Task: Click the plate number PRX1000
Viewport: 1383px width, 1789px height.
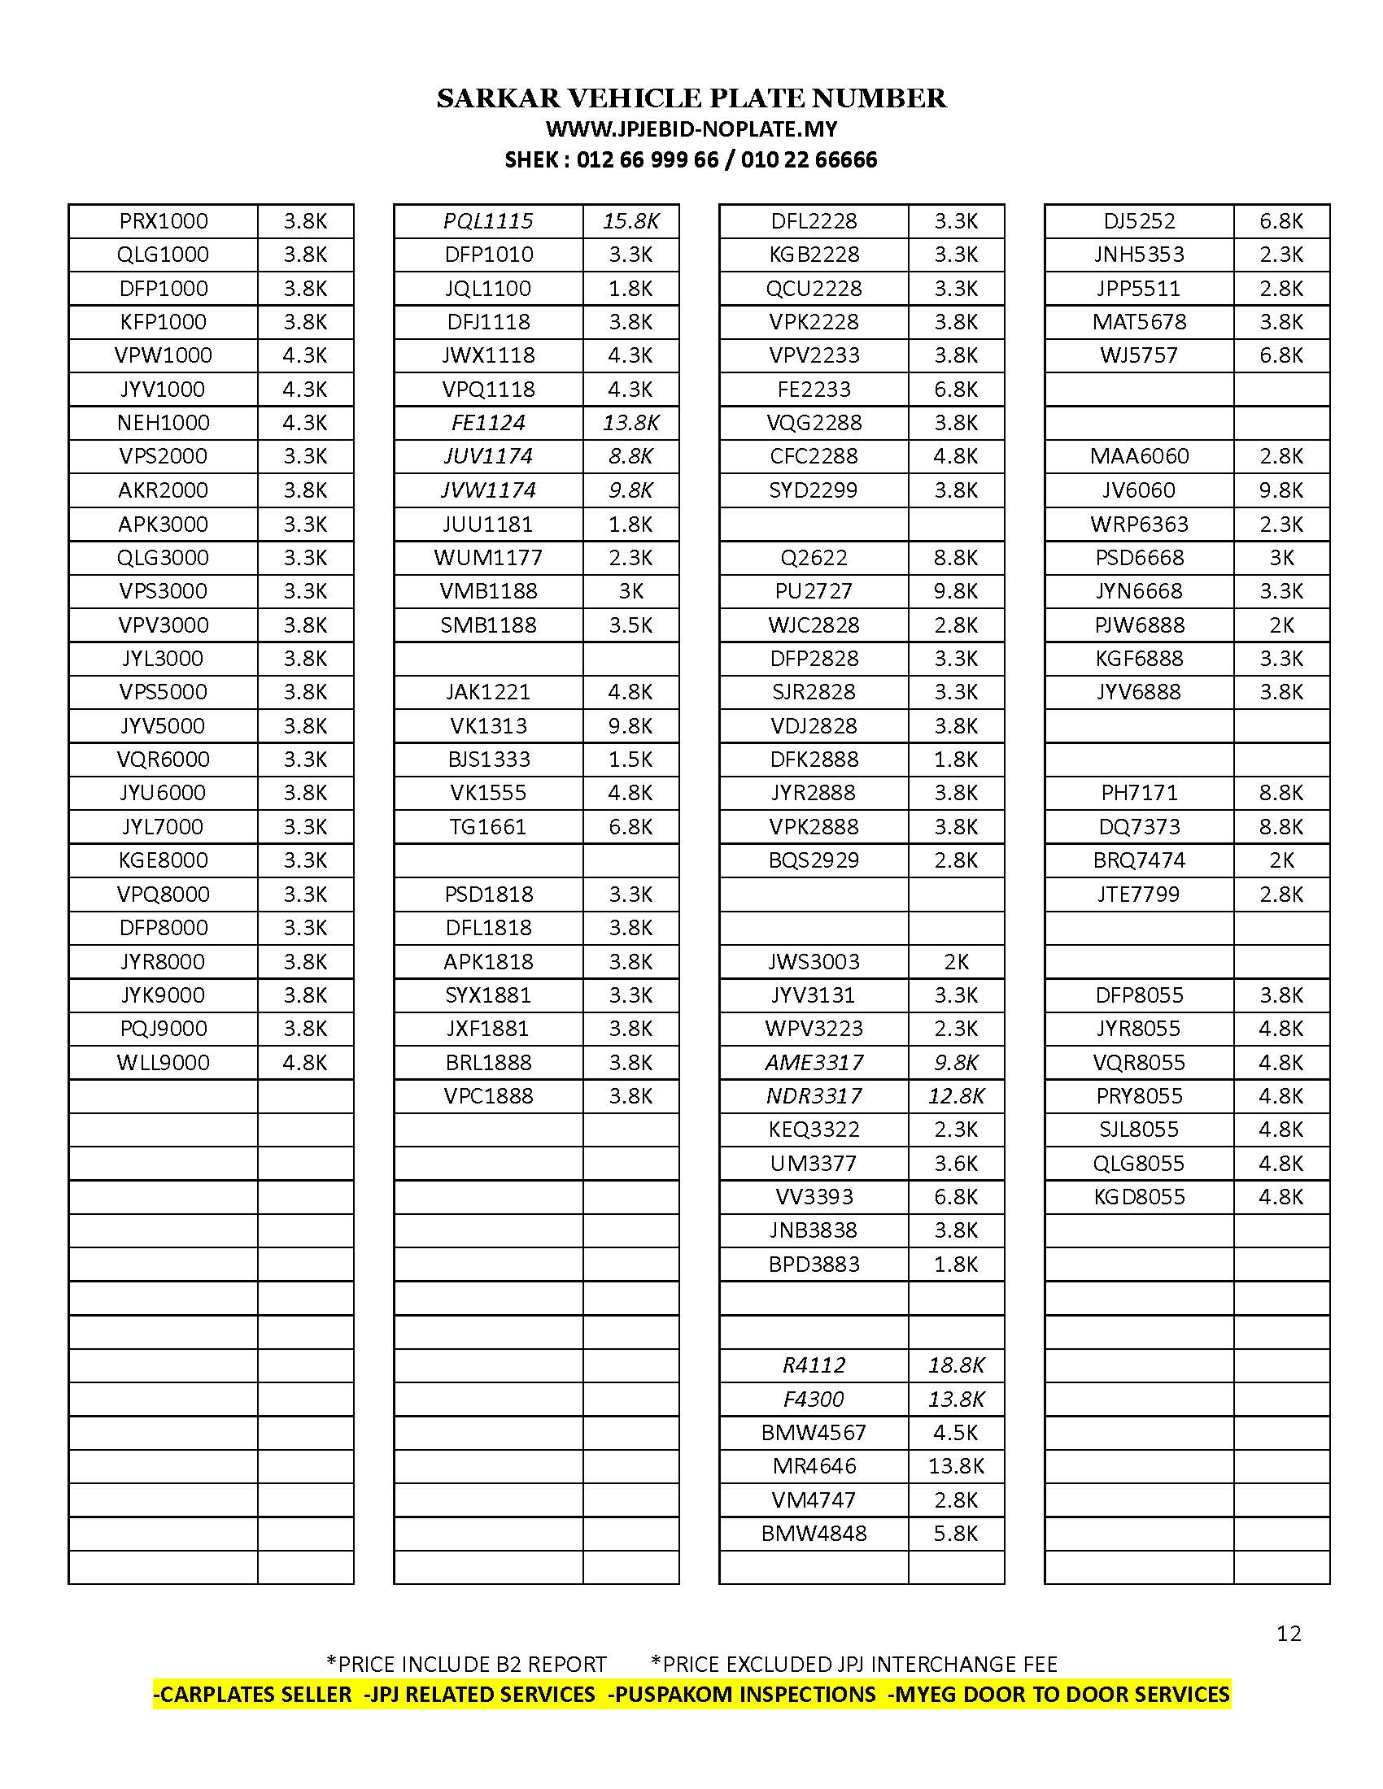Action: pyautogui.click(x=163, y=221)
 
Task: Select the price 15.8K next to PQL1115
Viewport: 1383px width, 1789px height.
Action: pyautogui.click(x=630, y=221)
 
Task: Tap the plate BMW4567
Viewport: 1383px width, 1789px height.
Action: pyautogui.click(x=813, y=1433)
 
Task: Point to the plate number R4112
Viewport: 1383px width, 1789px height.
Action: pyautogui.click(x=813, y=1365)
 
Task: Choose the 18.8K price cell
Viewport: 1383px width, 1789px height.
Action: pyautogui.click(x=955, y=1365)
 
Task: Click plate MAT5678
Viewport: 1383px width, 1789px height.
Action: pyautogui.click(x=1139, y=322)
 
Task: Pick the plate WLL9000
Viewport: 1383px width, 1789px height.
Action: pyautogui.click(x=163, y=1063)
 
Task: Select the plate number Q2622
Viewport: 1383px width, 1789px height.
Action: pyautogui.click(x=813, y=558)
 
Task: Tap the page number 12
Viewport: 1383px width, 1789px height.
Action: pyautogui.click(x=1288, y=1634)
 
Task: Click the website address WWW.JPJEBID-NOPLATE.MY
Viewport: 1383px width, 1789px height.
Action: pyautogui.click(x=691, y=129)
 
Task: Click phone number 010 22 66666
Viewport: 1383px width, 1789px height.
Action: pyautogui.click(x=809, y=159)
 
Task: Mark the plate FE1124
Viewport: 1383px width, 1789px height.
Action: pyautogui.click(x=488, y=423)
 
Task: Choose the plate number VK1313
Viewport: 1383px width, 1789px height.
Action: pyautogui.click(x=488, y=725)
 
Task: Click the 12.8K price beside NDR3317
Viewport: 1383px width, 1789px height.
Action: pyautogui.click(x=955, y=1096)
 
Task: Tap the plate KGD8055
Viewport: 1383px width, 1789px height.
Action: pyautogui.click(x=1139, y=1197)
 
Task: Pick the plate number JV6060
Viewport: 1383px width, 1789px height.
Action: pyautogui.click(x=1139, y=490)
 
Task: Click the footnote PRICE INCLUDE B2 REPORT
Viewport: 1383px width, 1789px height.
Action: pyautogui.click(x=467, y=1665)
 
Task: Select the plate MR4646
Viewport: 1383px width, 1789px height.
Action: pyautogui.click(x=813, y=1466)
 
